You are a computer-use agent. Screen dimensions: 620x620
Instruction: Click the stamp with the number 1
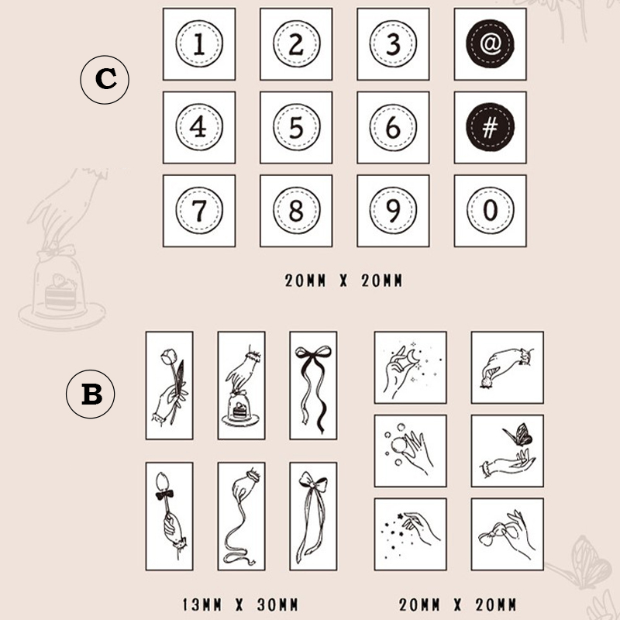[x=199, y=44]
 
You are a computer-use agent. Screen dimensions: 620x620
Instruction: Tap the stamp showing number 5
[x=296, y=127]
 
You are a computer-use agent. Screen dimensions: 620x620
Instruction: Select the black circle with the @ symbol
[x=490, y=43]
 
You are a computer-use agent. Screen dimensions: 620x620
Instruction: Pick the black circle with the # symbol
[x=490, y=127]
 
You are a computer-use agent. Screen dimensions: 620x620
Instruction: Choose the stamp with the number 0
[x=491, y=211]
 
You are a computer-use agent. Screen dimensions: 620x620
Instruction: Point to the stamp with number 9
[x=393, y=211]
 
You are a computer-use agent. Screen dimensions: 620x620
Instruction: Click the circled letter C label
[x=105, y=80]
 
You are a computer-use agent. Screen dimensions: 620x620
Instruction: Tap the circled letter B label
[x=91, y=394]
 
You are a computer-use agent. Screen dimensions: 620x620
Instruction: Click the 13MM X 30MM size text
[x=240, y=604]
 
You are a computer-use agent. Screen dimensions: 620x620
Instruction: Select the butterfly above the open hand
[x=518, y=435]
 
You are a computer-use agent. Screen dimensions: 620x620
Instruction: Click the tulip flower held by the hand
[x=167, y=356]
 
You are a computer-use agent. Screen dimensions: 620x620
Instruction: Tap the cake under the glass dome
[x=240, y=410]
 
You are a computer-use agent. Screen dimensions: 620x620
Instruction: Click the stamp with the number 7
[x=199, y=211]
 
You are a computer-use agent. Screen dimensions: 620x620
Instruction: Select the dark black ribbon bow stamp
[x=313, y=385]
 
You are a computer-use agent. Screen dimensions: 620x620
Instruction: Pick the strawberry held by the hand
[x=486, y=383]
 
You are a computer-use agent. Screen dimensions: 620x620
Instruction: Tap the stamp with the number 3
[x=393, y=44]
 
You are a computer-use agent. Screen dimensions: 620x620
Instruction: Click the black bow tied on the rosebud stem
[x=164, y=494]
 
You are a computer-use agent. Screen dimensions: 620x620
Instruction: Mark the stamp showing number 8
[x=296, y=211]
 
